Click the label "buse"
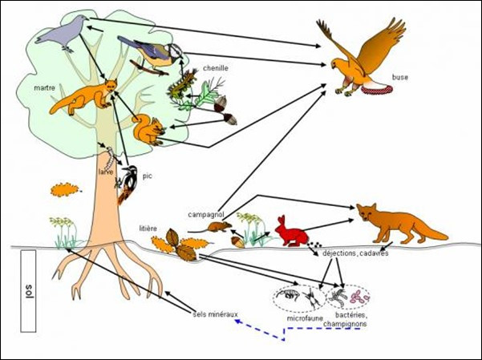pyautogui.click(x=400, y=77)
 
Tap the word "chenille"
pyautogui.click(x=216, y=68)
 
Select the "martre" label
pyautogui.click(x=45, y=88)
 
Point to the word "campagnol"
pyautogui.click(x=206, y=214)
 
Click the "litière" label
pyautogui.click(x=148, y=229)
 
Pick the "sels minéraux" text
pyautogui.click(x=216, y=314)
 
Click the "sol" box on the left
pyautogui.click(x=28, y=291)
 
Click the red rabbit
pyautogui.click(x=291, y=232)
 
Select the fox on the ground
pyautogui.click(x=399, y=223)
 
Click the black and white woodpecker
pyautogui.click(x=128, y=184)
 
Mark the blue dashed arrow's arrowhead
pyautogui.click(x=237, y=322)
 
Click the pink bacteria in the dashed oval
pyautogui.click(x=359, y=297)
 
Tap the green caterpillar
pyautogui.click(x=181, y=83)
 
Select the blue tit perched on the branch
pyautogui.click(x=152, y=54)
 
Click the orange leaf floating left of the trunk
pyautogui.click(x=65, y=189)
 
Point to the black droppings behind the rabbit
pyautogui.click(x=314, y=245)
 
